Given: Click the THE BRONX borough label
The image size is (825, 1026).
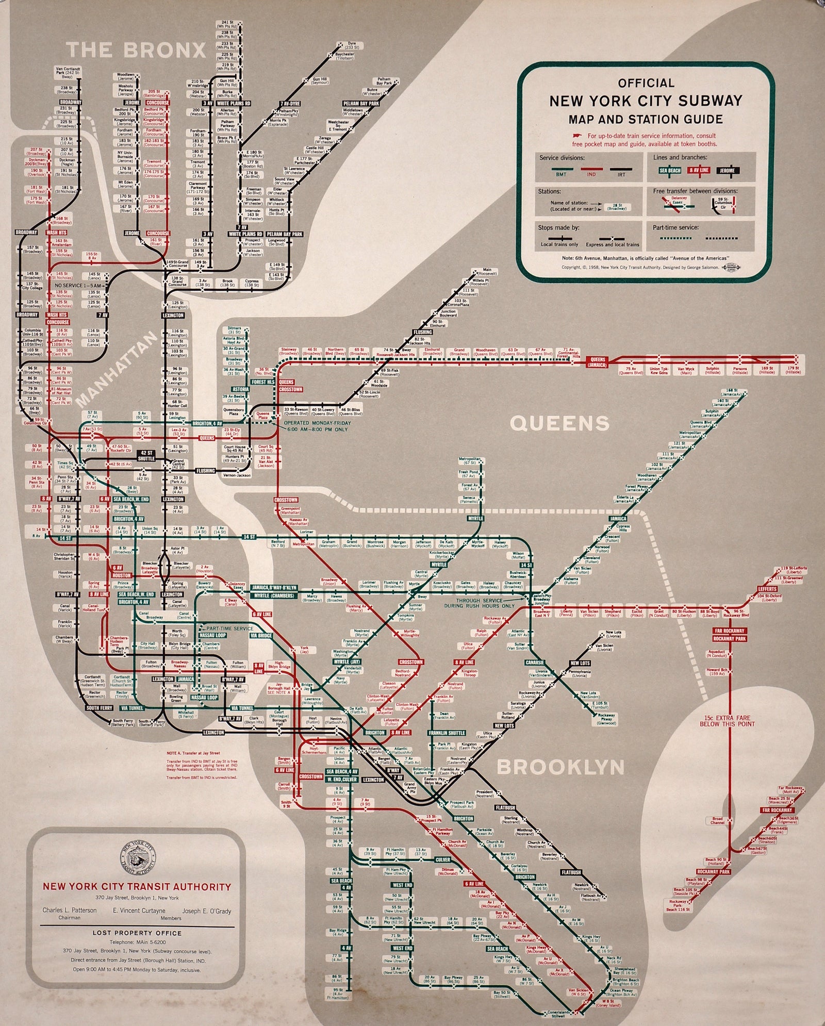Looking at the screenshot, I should tap(137, 50).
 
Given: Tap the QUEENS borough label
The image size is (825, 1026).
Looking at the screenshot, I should tap(559, 424).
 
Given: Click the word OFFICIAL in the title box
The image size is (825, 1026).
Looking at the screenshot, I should tap(646, 83).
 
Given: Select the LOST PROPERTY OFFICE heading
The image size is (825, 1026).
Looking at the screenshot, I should tap(137, 933).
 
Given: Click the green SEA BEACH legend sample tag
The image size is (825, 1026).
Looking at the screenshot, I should tap(670, 171).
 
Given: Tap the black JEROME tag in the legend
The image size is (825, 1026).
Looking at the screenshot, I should tap(728, 171).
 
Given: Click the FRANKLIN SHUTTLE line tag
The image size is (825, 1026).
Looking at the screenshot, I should tap(447, 733).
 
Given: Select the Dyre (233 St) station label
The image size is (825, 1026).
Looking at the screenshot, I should tap(352, 45).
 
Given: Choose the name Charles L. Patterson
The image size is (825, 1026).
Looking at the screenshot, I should tap(70, 910).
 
